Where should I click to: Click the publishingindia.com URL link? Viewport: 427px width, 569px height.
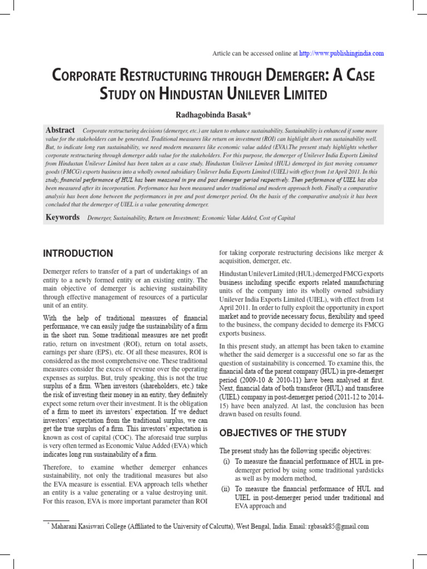pos(341,53)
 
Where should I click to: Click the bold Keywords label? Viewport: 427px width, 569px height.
pos(62,218)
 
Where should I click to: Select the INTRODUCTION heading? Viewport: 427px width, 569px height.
pos(78,253)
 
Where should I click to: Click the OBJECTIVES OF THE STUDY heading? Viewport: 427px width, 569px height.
pos(283,433)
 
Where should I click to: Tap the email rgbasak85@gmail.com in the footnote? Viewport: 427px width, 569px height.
pos(339,526)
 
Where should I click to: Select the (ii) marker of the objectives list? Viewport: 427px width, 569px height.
pos(226,489)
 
